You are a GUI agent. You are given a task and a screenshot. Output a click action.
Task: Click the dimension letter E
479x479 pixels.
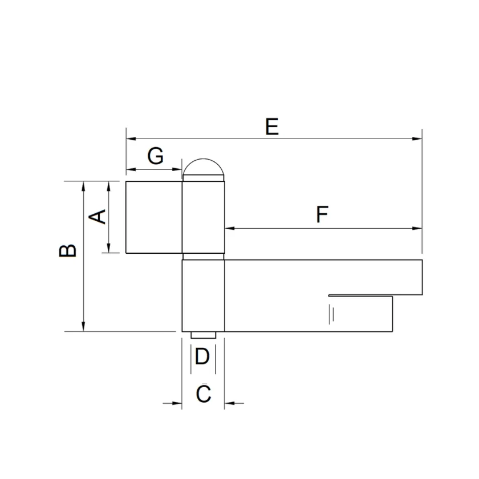tap(272, 127)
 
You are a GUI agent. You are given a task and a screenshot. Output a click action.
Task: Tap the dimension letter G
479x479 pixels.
tap(156, 156)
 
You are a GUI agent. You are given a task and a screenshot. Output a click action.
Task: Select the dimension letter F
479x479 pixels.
tap(322, 214)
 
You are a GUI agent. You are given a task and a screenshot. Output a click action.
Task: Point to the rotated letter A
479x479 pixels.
tap(97, 217)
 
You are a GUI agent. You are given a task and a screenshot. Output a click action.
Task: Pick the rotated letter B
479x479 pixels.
tap(67, 250)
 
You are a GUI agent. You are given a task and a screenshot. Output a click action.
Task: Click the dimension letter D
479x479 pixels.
tap(202, 356)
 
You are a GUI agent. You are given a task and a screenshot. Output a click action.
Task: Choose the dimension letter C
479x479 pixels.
tap(204, 393)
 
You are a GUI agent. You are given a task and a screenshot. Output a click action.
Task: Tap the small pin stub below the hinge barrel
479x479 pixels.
tap(203, 335)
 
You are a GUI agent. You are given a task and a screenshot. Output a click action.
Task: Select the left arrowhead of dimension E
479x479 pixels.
tap(131, 139)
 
